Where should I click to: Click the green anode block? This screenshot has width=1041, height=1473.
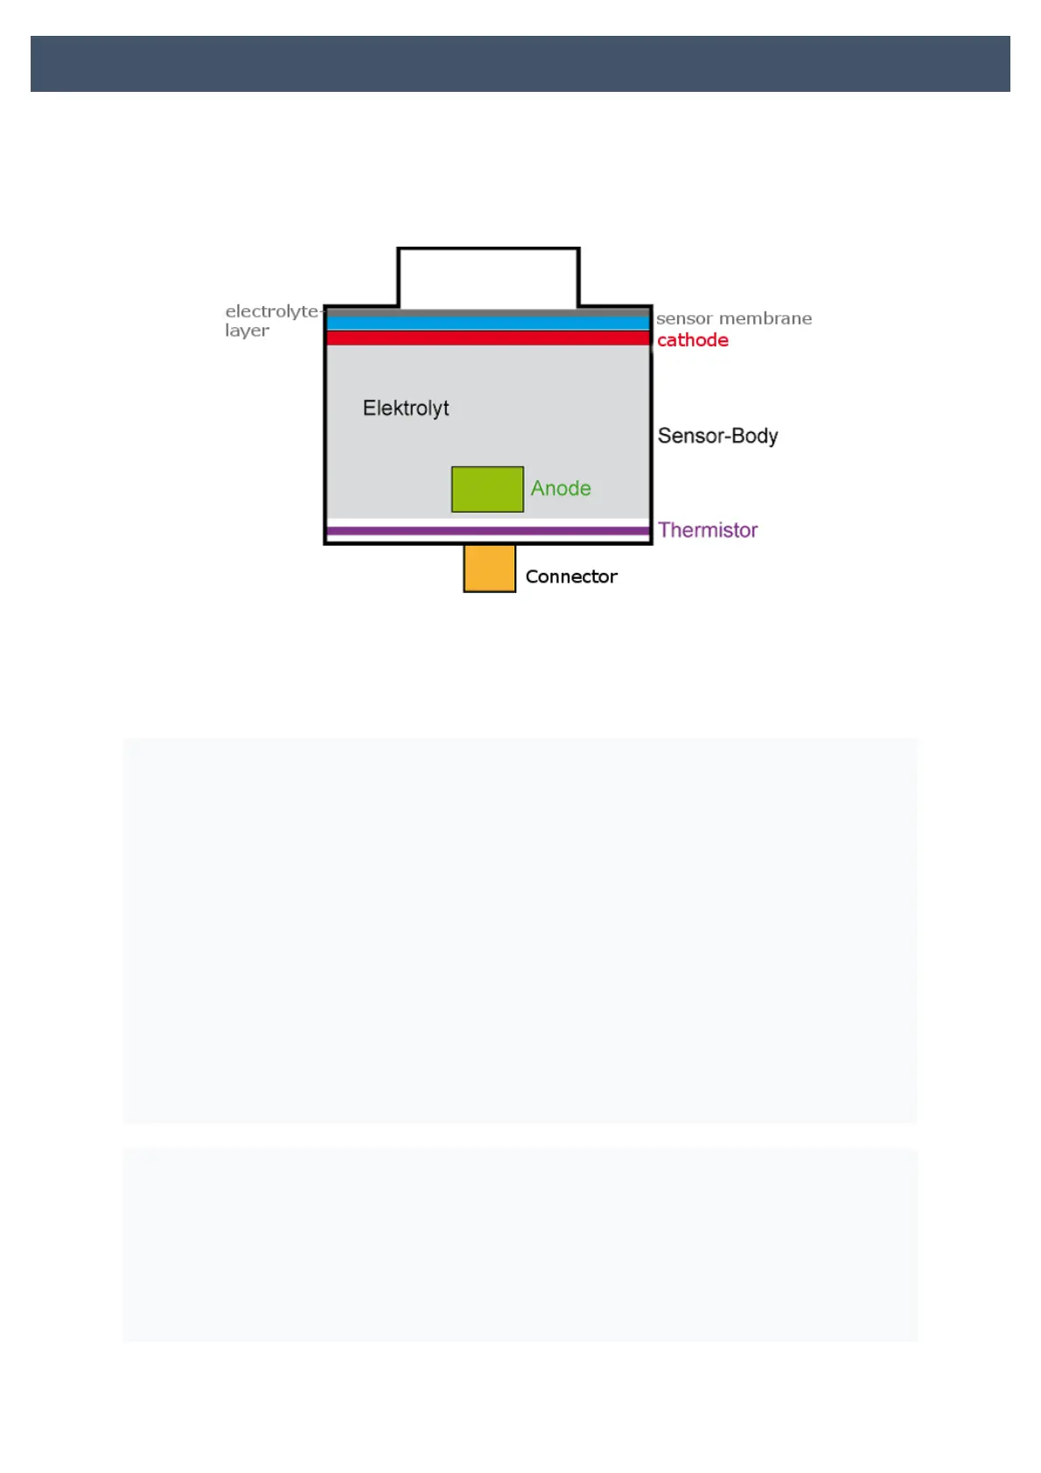tap(487, 489)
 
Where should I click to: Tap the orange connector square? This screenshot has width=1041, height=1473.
tap(489, 569)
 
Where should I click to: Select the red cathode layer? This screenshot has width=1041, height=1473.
tap(488, 338)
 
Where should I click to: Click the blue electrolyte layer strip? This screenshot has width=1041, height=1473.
tap(488, 323)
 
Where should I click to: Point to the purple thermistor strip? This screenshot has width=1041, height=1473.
tap(488, 531)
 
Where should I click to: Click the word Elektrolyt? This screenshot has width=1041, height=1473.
tap(406, 408)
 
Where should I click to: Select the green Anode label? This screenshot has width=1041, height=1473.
tap(561, 488)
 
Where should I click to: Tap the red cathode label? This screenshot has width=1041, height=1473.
tap(692, 340)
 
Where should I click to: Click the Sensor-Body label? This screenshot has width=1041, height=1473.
tap(717, 436)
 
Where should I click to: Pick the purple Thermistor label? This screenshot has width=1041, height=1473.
tap(708, 530)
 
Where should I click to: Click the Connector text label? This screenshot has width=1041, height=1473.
tap(571, 576)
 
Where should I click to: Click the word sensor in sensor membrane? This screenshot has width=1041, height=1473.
tap(684, 318)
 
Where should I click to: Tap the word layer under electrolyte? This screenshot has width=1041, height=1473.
tap(247, 331)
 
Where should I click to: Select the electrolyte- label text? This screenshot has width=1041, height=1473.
tap(273, 311)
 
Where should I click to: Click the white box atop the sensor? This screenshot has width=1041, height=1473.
tap(488, 277)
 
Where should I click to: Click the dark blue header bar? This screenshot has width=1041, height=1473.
tap(520, 64)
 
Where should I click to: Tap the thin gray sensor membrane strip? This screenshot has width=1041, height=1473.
tap(488, 312)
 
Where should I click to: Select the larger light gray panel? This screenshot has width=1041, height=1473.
tap(520, 930)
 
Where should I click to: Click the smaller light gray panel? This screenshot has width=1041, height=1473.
tap(520, 1245)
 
